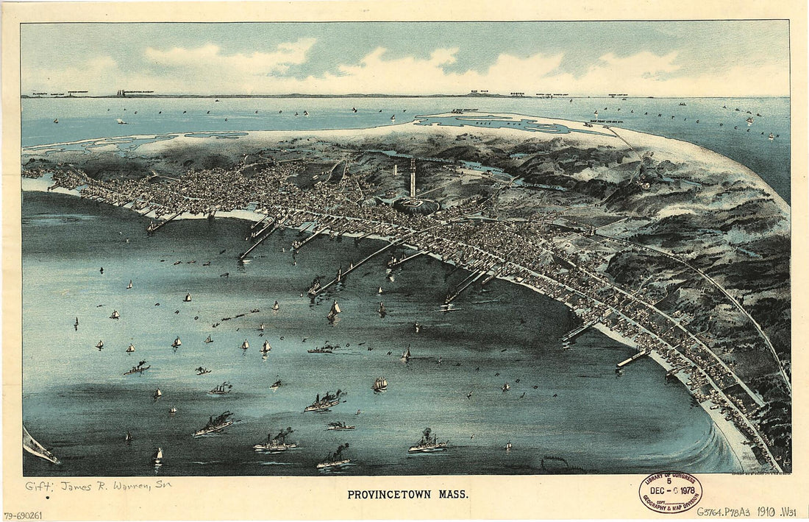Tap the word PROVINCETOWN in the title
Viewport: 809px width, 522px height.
387,495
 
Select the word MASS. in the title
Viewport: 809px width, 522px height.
453,495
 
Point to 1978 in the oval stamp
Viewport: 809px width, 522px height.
686,490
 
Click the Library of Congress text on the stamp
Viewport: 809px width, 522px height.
669,479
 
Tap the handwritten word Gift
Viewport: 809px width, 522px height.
39,486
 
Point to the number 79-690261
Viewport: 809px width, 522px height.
24,515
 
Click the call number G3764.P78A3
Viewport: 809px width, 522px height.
726,512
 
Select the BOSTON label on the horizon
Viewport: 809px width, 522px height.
517,94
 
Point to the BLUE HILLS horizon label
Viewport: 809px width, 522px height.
479,92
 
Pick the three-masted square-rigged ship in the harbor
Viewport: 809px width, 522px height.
379,384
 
